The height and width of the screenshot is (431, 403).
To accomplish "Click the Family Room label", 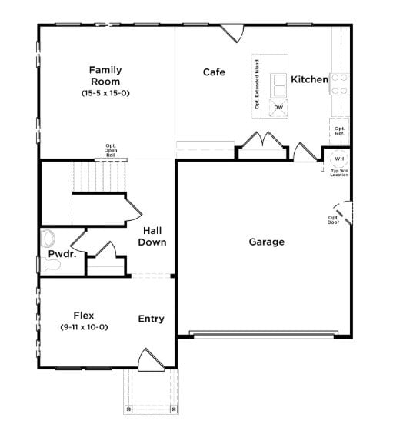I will (x=105, y=75).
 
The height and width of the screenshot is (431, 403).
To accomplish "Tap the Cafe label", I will (x=214, y=72).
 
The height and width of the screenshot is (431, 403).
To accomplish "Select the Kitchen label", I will (x=309, y=79).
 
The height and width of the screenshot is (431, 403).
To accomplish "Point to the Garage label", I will (x=266, y=242).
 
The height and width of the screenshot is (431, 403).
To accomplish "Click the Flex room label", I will (x=84, y=315).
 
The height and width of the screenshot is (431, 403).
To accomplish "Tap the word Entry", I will (x=151, y=319).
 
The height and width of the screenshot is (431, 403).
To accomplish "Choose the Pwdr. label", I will (x=62, y=254).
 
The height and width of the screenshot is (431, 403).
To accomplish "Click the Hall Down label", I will (x=152, y=236).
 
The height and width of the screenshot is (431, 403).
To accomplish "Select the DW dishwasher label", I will (x=278, y=107).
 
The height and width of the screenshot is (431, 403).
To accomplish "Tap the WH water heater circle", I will (x=339, y=159).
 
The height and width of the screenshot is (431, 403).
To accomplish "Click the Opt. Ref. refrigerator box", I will (x=339, y=130).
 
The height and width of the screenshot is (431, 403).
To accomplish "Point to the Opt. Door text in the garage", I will (x=333, y=220).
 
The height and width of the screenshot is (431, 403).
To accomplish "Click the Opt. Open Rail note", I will (x=111, y=149).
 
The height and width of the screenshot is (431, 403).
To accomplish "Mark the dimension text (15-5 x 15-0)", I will (x=105, y=93).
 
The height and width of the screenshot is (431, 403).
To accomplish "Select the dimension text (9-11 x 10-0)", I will (x=84, y=327).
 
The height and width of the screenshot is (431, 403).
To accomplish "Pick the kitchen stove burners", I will (x=339, y=83).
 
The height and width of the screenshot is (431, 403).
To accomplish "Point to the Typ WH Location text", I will (x=339, y=173).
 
